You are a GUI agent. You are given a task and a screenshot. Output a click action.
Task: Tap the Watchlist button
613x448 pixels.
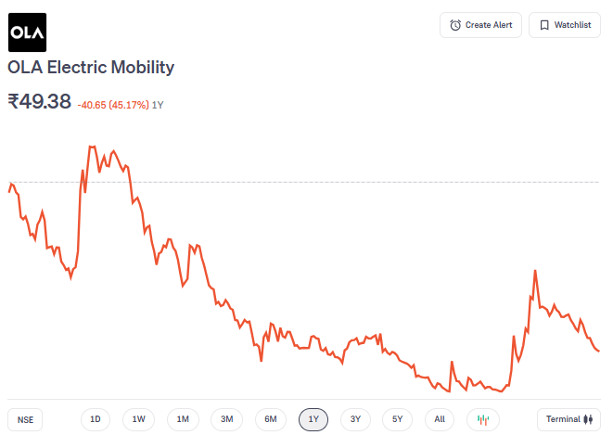click(564, 25)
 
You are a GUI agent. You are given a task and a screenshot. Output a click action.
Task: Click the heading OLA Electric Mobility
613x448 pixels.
click(91, 68)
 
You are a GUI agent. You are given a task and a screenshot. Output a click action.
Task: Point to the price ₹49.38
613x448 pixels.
click(39, 102)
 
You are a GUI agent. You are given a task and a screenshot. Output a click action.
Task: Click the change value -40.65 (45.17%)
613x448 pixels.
click(112, 105)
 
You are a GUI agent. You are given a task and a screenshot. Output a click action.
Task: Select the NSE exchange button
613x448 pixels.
click(25, 419)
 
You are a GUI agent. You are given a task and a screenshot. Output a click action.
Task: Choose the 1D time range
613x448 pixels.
click(96, 419)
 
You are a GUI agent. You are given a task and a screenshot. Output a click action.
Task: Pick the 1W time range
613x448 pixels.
click(138, 419)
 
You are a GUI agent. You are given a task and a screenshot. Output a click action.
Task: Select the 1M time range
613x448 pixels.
click(183, 419)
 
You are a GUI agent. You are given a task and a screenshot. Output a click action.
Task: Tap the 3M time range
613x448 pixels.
click(226, 419)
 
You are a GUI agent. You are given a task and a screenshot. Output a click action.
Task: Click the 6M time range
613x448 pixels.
click(271, 419)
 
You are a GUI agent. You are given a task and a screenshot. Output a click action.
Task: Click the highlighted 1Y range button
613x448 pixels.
click(313, 419)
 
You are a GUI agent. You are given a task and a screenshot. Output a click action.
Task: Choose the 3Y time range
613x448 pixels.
click(355, 419)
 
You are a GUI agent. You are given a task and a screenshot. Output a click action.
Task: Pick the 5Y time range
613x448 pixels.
click(397, 419)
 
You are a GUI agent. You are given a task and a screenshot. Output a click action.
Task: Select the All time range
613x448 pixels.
click(440, 419)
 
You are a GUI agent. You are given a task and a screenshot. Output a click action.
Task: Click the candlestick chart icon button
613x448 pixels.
click(482, 419)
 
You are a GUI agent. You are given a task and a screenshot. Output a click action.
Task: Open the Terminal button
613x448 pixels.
click(568, 419)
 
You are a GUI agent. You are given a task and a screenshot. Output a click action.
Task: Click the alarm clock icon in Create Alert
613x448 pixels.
click(455, 25)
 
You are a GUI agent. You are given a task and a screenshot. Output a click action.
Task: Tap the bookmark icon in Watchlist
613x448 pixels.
click(544, 25)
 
